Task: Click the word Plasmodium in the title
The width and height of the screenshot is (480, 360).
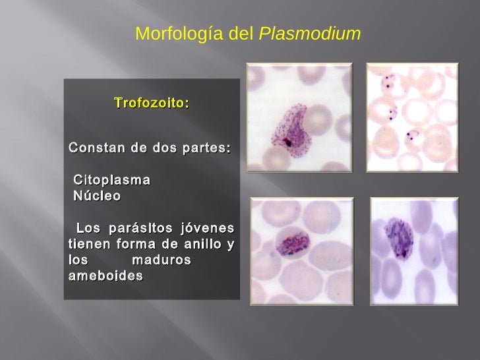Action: click(x=310, y=34)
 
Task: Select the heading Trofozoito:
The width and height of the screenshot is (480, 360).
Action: click(x=152, y=104)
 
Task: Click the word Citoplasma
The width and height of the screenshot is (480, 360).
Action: click(x=111, y=179)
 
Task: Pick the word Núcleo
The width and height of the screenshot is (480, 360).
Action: click(x=97, y=196)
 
